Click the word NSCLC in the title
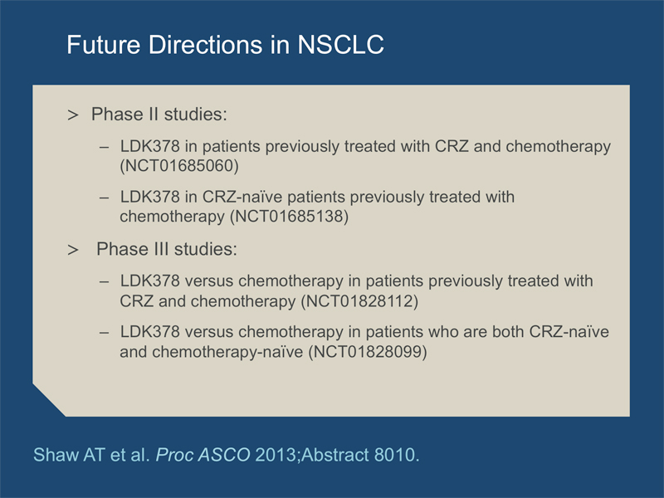pos(341,45)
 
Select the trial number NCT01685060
pos(179,165)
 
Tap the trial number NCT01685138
pos(289,217)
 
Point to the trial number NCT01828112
pos(359,301)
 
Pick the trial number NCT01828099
pos(368,352)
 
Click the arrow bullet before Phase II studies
pos(73,115)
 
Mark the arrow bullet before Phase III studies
pos(73,250)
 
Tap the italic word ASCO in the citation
pos(224,455)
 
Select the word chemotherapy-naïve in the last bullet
pos(227,352)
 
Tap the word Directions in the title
pos(205,45)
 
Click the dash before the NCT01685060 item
pos(105,148)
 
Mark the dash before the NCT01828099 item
pos(105,333)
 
